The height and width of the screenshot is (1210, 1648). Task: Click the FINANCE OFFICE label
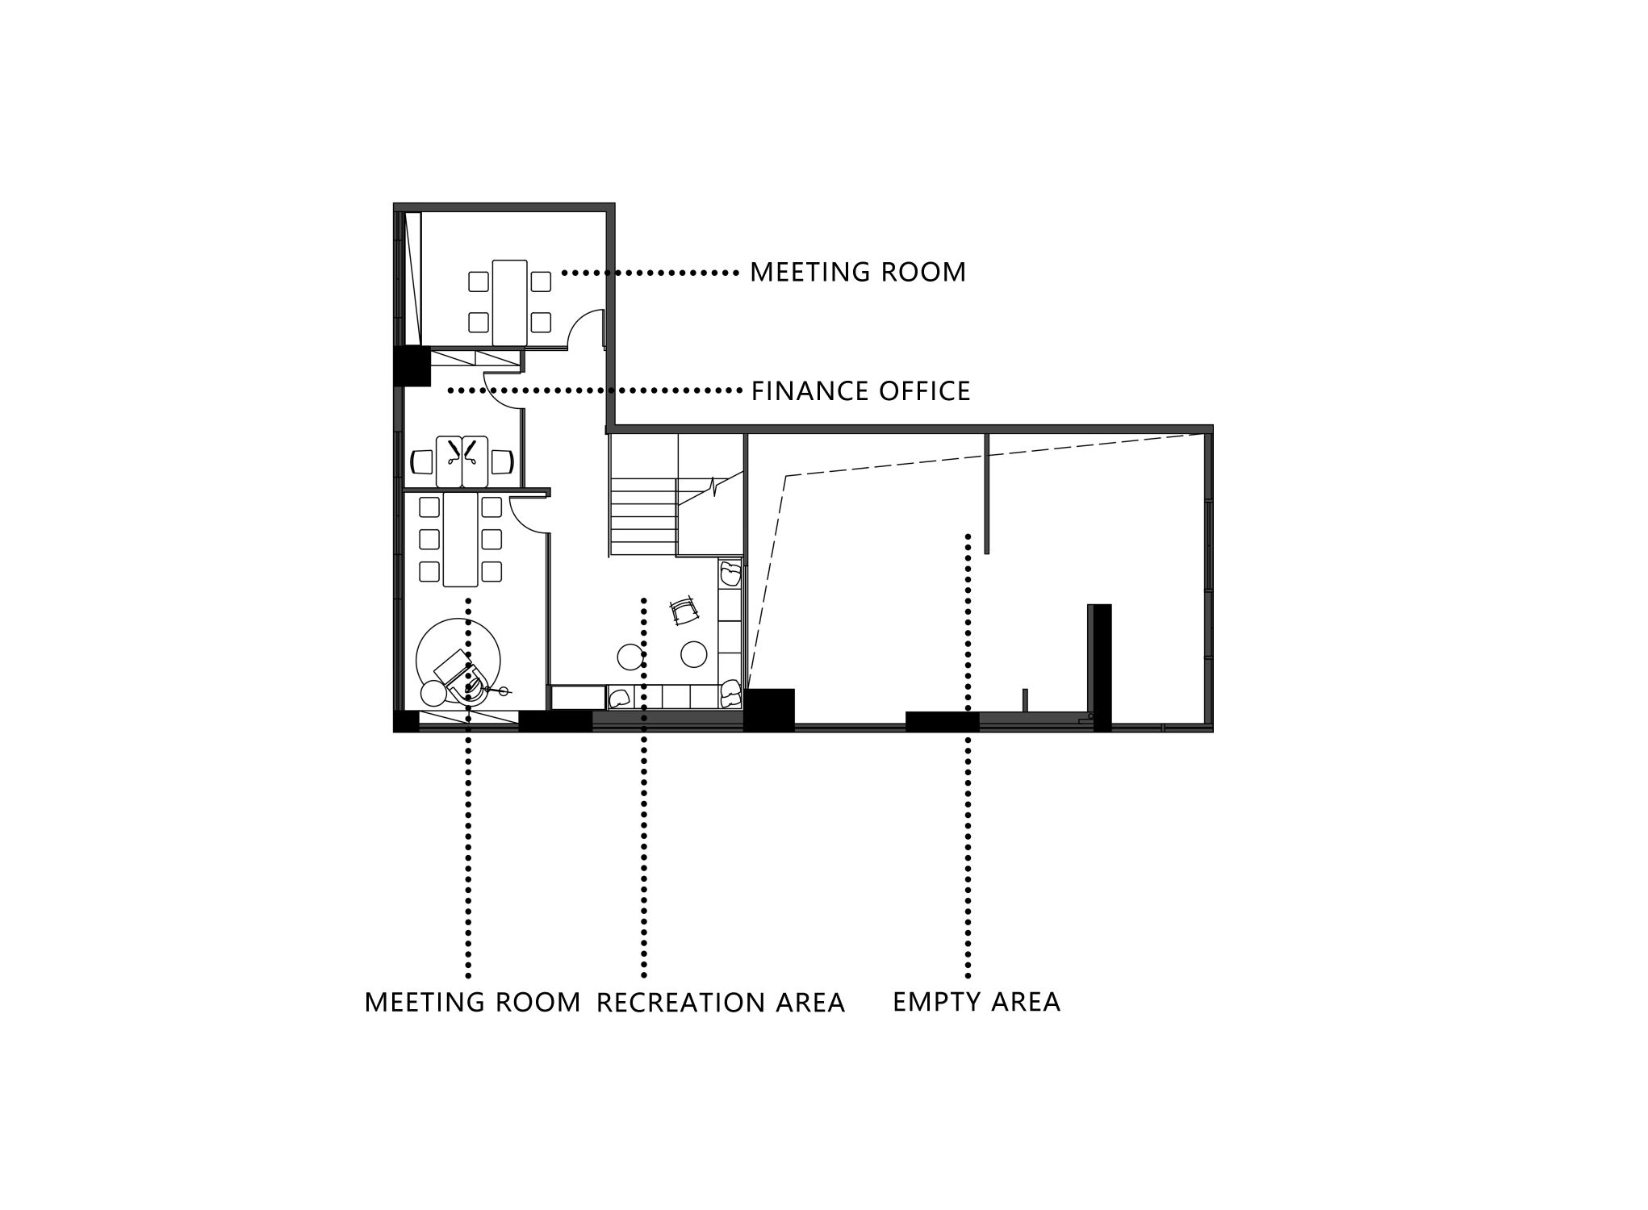pyautogui.click(x=860, y=391)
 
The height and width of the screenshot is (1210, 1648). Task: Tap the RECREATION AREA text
pyautogui.click(x=721, y=1003)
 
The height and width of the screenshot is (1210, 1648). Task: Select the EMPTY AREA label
pyautogui.click(x=977, y=1002)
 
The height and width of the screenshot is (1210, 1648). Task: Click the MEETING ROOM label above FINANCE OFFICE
pyautogui.click(x=858, y=273)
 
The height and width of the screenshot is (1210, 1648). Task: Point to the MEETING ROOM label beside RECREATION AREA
pyautogui.click(x=473, y=1002)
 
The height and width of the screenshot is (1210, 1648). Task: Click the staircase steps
pyautogui.click(x=642, y=515)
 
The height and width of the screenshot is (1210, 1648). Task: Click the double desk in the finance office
pyautogui.click(x=462, y=461)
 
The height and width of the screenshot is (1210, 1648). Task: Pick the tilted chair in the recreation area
pyautogui.click(x=685, y=611)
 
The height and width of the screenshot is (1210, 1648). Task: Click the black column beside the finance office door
pyautogui.click(x=412, y=365)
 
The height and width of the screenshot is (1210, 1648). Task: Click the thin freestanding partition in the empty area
pyautogui.click(x=986, y=493)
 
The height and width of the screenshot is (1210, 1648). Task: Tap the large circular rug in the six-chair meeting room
pyautogui.click(x=458, y=661)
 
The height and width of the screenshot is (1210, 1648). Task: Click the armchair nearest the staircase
pyautogui.click(x=730, y=573)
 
